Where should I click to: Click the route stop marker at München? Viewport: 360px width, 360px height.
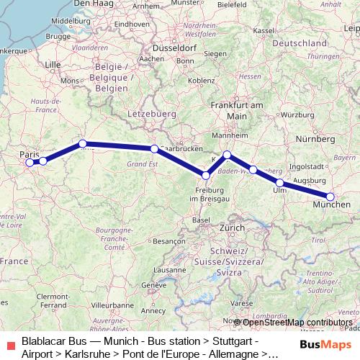pos(330,197)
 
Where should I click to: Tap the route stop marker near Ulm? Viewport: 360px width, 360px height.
pos(280,183)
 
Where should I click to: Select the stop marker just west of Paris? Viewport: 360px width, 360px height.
pos(30,163)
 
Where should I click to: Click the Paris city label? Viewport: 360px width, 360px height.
pos(30,154)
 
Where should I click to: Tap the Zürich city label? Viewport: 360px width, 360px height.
pos(233,228)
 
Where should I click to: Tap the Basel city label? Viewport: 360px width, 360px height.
pos(201,220)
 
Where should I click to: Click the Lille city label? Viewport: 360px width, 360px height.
pos(53,64)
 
